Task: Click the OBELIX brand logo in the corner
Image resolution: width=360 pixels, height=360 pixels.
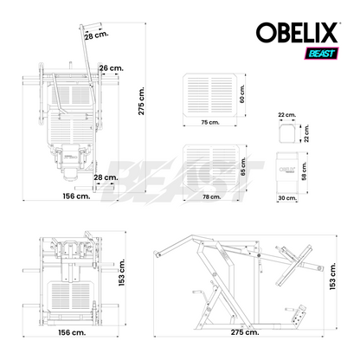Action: tap(297, 33)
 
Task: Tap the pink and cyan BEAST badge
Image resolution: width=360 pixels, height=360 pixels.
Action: tap(322, 54)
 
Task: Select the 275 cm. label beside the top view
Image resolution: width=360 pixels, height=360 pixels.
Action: tap(141, 100)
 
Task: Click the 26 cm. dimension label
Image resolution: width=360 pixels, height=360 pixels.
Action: tap(112, 68)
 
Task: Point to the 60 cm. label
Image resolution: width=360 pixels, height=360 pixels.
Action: tap(241, 93)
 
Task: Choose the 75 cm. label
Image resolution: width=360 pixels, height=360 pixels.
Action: tap(210, 122)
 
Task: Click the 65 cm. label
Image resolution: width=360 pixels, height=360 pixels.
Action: tap(242, 166)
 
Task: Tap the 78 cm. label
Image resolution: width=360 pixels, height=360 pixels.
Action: tap(211, 197)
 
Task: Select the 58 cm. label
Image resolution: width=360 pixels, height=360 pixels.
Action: tap(305, 170)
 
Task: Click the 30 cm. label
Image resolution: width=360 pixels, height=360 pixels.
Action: tap(287, 198)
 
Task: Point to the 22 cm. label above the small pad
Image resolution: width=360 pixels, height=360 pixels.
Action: tap(286, 115)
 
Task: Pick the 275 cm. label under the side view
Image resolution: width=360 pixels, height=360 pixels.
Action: tap(245, 332)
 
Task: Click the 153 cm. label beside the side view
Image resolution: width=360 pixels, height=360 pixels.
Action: tap(332, 276)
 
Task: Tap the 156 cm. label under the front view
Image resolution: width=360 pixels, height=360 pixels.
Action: tap(72, 332)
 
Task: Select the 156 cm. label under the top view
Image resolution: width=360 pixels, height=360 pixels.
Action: tap(76, 196)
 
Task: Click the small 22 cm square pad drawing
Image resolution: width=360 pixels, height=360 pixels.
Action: tap(286, 133)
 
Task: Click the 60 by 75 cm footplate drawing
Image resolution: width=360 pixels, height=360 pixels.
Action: tap(210, 95)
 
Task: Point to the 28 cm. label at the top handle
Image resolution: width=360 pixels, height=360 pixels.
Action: tap(97, 35)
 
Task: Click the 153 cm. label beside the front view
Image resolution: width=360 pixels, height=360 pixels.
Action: tap(122, 273)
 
